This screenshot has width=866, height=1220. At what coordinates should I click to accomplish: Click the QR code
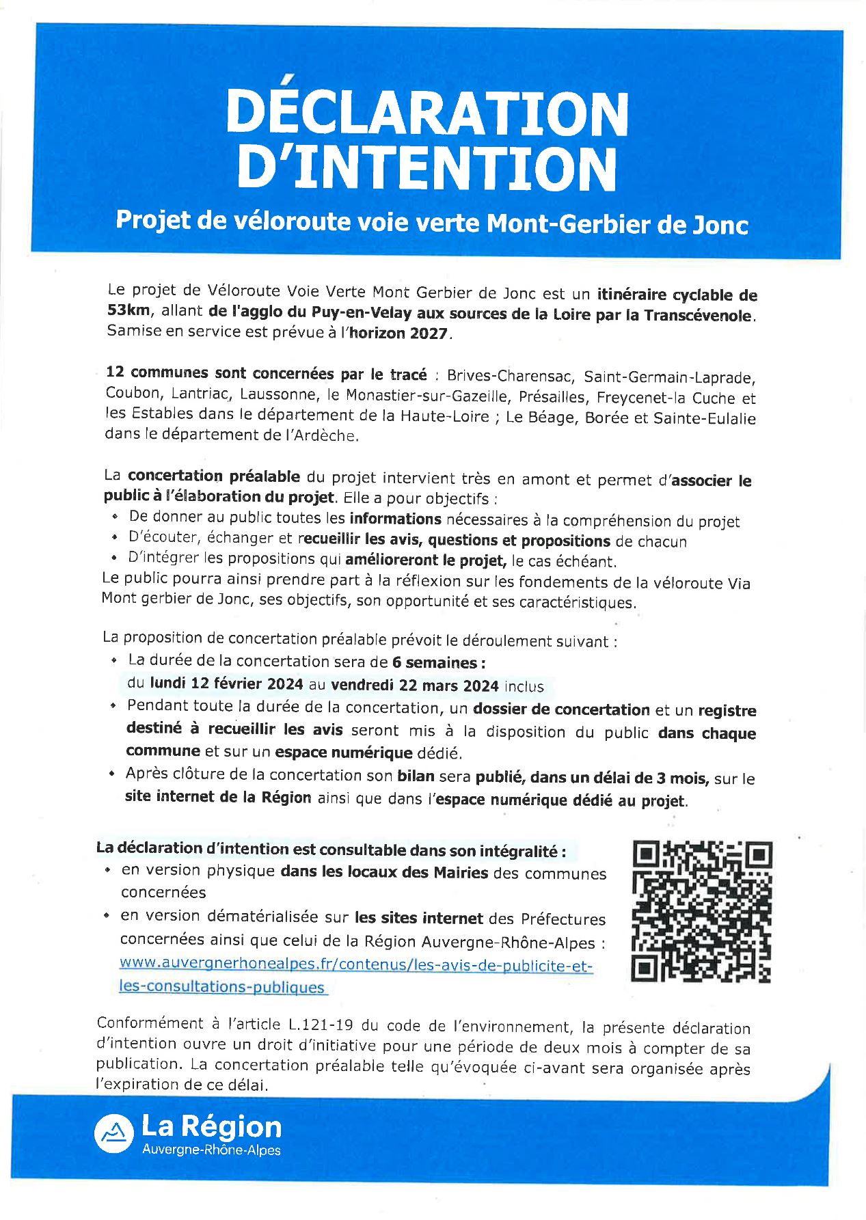coord(702,912)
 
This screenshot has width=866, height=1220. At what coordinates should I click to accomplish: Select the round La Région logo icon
coord(113,1133)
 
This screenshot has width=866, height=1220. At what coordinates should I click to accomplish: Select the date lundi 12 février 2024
coord(226,683)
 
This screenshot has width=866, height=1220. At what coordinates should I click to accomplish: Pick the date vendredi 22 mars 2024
coord(415,686)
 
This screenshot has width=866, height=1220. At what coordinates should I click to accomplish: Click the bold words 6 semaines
coord(438,662)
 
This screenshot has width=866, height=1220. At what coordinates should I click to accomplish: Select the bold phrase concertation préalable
coord(214,476)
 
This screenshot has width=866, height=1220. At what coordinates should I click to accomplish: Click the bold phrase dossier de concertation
coord(561,710)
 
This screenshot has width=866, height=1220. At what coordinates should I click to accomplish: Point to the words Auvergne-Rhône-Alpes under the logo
coord(211,1150)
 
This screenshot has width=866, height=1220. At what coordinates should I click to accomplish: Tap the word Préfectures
coord(563,919)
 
